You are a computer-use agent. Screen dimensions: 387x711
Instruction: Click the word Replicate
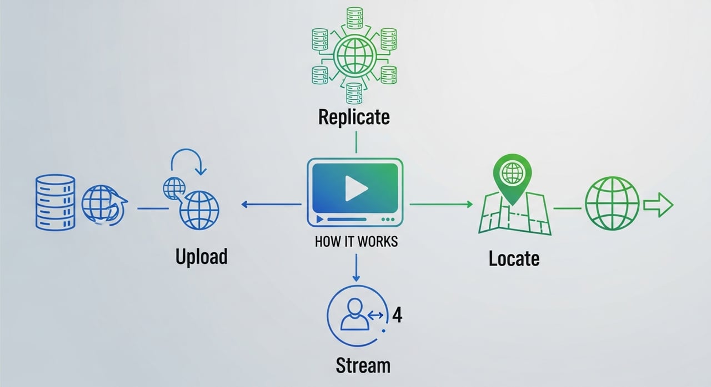point(354,117)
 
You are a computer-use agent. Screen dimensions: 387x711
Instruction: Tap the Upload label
point(202,257)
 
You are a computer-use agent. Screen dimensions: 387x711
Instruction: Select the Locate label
point(514,258)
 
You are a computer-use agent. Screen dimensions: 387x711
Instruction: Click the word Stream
point(363,365)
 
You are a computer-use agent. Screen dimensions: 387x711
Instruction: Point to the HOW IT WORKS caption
point(356,242)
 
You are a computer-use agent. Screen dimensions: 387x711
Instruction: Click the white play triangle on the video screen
point(355,189)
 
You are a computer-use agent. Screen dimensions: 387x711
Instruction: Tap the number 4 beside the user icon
point(397,315)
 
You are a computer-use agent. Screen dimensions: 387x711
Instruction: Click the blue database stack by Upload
point(54,202)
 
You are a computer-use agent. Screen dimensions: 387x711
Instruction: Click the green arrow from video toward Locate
point(441,205)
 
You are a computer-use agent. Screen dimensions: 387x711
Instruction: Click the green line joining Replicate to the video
point(355,144)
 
